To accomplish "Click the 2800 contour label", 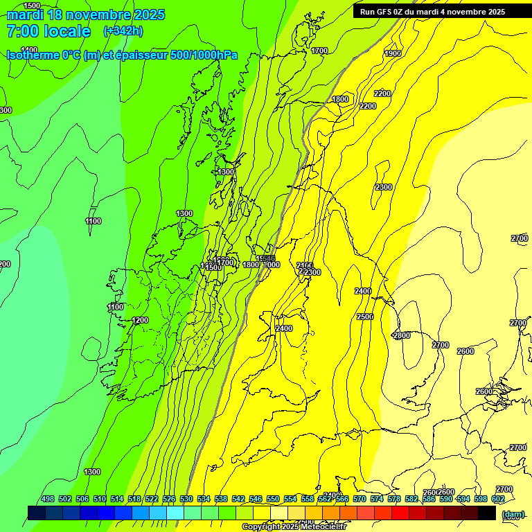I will (401, 336).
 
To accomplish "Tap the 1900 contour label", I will (393, 53).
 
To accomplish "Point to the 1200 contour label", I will (140, 321).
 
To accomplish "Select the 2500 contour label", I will (365, 317).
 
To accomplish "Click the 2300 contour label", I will (383, 188).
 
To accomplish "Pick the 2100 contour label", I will (304, 265).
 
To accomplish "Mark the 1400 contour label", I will (29, 50).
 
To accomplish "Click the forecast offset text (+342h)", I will (123, 31).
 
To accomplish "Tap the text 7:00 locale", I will (48, 31).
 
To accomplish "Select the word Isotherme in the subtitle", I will (33, 55).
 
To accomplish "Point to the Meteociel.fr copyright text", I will (294, 527).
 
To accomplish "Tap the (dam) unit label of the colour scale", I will (513, 514).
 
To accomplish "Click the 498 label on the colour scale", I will (48, 499).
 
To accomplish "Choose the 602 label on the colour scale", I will (498, 499).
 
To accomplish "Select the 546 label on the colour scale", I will (256, 499).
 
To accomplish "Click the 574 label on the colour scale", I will (377, 499).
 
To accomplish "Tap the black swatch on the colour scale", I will (487, 513).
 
